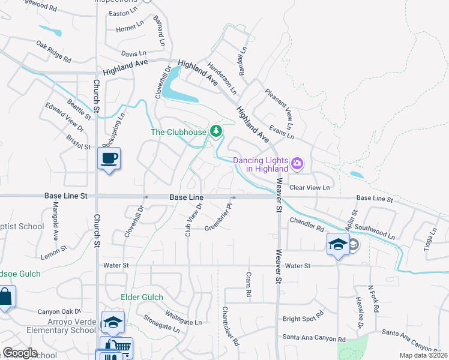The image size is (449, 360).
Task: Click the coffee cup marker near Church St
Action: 109,159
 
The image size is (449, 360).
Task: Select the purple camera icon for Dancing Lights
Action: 296,163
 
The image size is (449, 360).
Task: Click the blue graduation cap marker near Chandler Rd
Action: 338,244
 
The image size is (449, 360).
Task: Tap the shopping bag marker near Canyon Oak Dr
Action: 5,296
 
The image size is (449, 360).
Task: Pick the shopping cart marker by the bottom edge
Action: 121,347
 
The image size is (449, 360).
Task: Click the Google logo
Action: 19,353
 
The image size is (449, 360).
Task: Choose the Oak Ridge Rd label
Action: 53,52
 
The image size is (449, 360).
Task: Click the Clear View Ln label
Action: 310,188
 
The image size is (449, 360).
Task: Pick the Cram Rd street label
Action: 248,285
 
